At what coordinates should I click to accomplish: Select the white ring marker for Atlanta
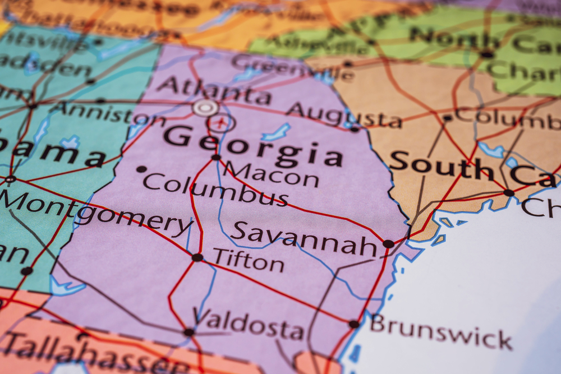[205, 107]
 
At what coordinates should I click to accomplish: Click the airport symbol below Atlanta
[222, 122]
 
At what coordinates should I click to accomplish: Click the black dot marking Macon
[216, 158]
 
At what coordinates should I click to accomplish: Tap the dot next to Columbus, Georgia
[141, 169]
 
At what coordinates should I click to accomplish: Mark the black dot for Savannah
[388, 244]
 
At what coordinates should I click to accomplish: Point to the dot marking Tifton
[197, 257]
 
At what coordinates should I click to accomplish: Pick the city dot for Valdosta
[189, 332]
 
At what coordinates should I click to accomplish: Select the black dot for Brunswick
[353, 324]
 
